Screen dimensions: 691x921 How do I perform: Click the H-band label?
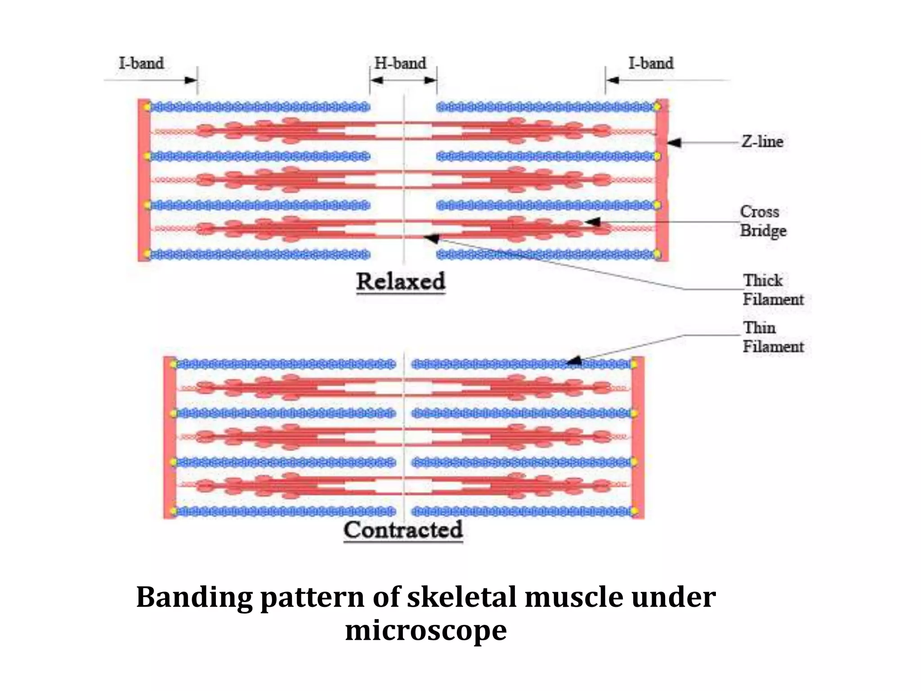coord(400,63)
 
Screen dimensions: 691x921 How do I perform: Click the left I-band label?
coord(141,63)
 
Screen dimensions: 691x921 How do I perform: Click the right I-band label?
coord(651,63)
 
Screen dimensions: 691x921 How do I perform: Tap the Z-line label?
coord(762,142)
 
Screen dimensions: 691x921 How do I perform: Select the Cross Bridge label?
coord(763,221)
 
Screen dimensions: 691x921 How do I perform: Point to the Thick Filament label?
coord(773,290)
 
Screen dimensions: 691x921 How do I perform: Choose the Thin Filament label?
coord(773,337)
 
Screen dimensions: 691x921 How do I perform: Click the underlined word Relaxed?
coord(400,282)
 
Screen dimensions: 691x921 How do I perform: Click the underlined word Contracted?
coord(403,529)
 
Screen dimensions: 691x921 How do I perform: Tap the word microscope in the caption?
coord(425,630)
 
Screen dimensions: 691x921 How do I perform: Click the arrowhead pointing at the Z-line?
coord(674,143)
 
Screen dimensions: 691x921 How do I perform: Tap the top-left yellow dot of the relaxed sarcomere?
coord(147,107)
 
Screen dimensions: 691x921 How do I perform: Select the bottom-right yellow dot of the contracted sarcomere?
coord(635,511)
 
